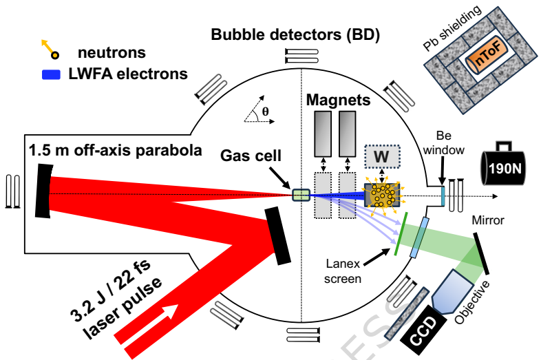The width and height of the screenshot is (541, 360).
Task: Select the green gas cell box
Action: pos(301,195)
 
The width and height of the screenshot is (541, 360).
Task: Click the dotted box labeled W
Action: pos(381,158)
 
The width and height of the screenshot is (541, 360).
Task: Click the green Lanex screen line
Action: pos(400,234)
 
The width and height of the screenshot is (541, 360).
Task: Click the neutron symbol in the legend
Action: pos(50,50)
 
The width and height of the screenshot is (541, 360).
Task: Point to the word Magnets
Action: pos(338,100)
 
